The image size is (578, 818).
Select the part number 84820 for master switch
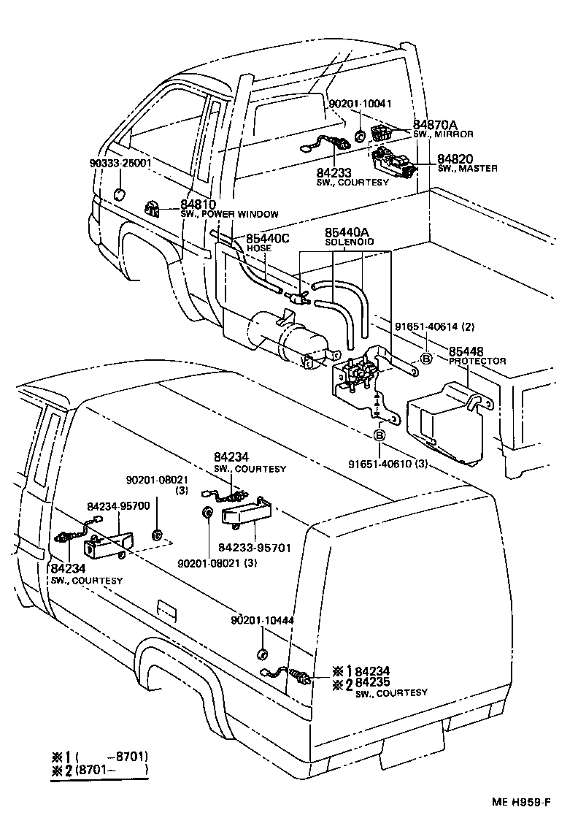coord(455,158)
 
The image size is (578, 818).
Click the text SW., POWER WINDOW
coord(230,214)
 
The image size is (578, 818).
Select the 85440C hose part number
coord(268,238)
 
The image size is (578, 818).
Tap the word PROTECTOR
coord(477,362)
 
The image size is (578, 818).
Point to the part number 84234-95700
coord(118,505)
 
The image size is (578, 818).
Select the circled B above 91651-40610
coord(379,436)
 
